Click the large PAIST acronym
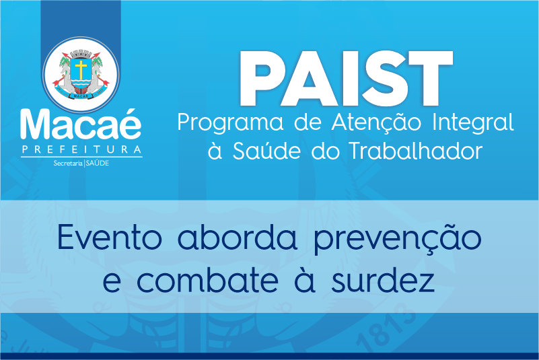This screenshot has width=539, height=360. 346,79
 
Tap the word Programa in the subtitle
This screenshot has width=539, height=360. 230,123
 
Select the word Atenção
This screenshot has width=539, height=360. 376,122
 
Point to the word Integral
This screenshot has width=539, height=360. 473,123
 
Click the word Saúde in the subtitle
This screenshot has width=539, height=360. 266,150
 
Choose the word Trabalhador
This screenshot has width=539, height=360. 416,150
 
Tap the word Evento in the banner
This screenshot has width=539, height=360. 110,237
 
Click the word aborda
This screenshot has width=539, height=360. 237,237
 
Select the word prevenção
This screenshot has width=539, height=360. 398,239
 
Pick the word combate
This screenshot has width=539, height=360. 208,280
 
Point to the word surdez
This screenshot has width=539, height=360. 383,280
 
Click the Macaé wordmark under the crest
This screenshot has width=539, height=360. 81,124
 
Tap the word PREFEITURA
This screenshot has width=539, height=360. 81,149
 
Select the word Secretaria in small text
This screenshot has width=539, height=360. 68,164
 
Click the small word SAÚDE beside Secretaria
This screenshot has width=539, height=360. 98,163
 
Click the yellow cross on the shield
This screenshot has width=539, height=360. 81,70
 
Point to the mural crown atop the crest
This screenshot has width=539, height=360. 81,54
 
